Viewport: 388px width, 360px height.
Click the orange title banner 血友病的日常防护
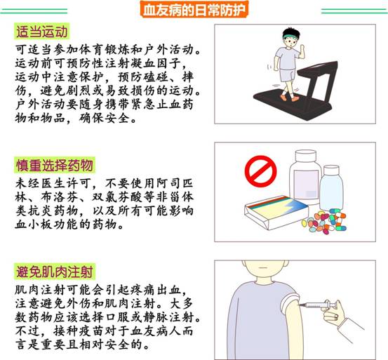point(194,10)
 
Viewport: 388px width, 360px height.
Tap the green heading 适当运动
point(42,32)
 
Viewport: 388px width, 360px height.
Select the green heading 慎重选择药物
point(55,165)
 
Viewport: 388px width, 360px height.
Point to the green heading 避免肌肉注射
point(55,272)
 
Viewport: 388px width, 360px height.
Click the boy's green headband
point(290,36)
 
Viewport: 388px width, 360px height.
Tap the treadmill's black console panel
point(319,68)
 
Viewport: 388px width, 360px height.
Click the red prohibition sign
point(260,171)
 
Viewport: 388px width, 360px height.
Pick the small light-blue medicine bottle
point(332,188)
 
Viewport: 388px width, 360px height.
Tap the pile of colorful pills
point(324,222)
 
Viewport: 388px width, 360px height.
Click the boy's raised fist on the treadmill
point(302,50)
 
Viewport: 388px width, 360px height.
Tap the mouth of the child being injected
point(262,267)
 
